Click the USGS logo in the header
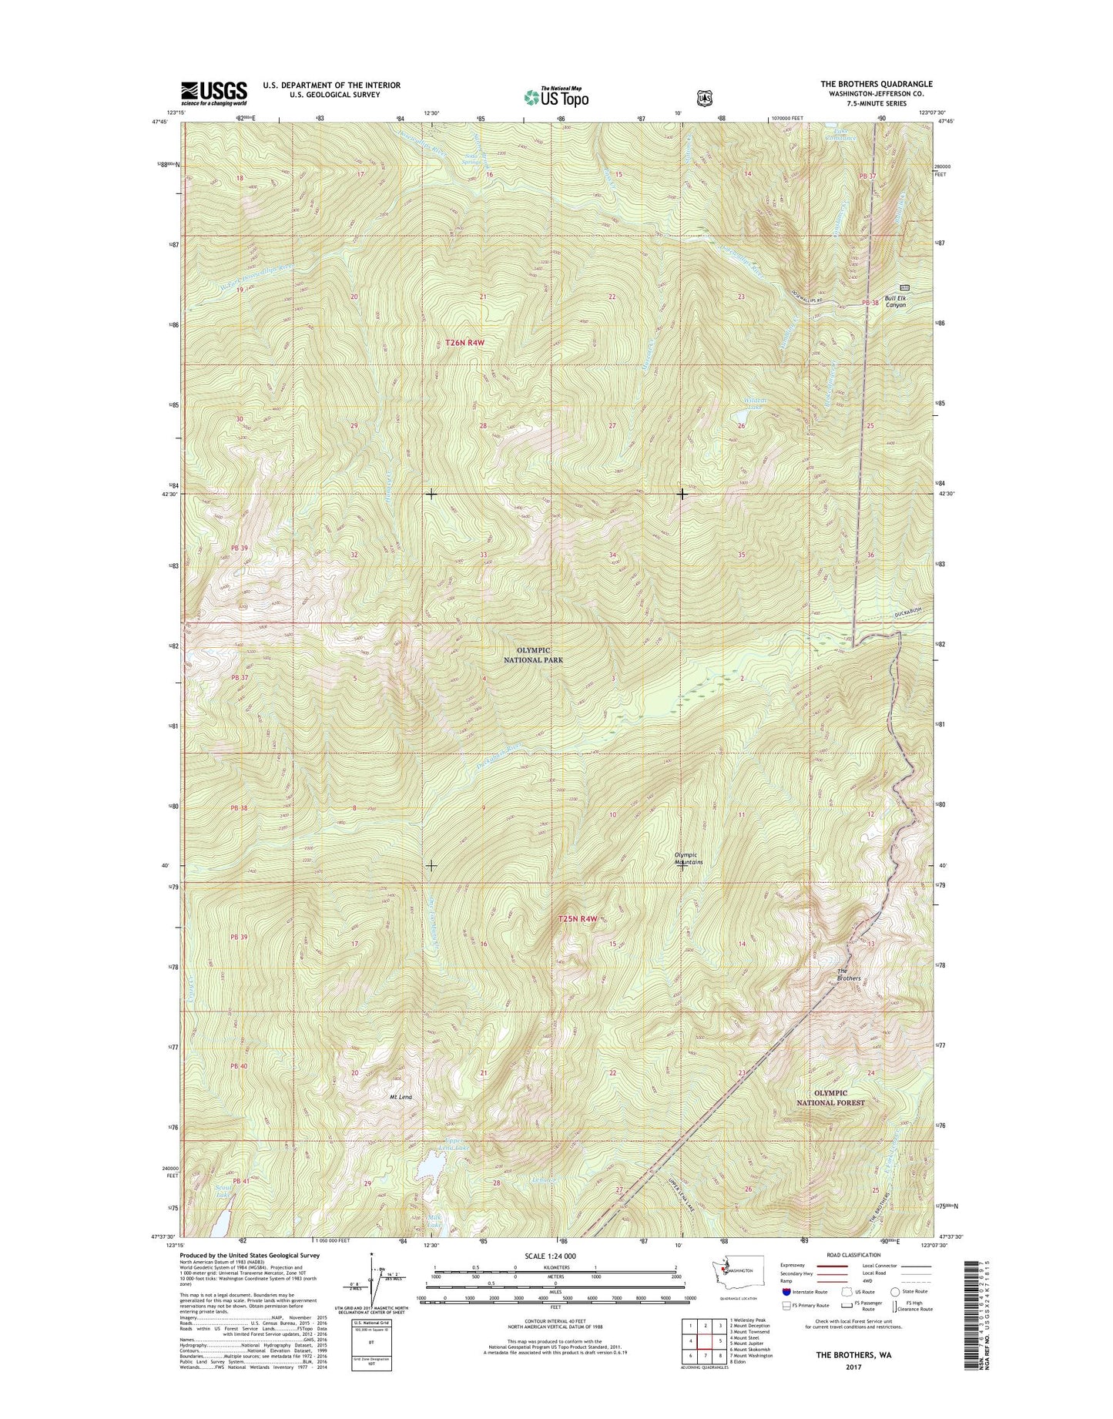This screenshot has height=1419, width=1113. click(214, 92)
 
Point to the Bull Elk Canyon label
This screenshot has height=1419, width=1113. click(895, 301)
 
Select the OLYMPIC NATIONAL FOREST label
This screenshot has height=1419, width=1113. click(832, 1097)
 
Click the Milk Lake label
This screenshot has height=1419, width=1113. click(435, 1220)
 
